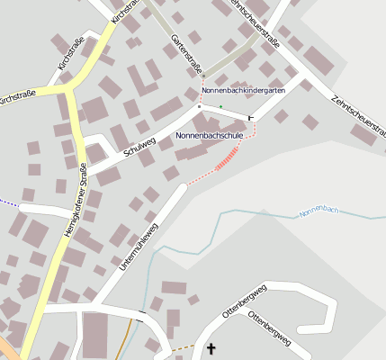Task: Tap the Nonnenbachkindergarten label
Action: pyautogui.click(x=244, y=91)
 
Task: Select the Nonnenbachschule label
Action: pyautogui.click(x=210, y=135)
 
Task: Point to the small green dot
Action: pyautogui.click(x=220, y=106)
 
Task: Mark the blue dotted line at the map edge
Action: pyautogui.click(x=8, y=203)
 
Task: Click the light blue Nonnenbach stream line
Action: pyautogui.click(x=243, y=214)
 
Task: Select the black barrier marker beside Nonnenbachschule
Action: pyautogui.click(x=251, y=117)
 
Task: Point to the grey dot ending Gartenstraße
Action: pyautogui.click(x=202, y=74)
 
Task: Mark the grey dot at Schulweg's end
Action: pyautogui.click(x=199, y=106)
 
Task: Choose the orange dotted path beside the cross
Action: pyautogui.click(x=184, y=346)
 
